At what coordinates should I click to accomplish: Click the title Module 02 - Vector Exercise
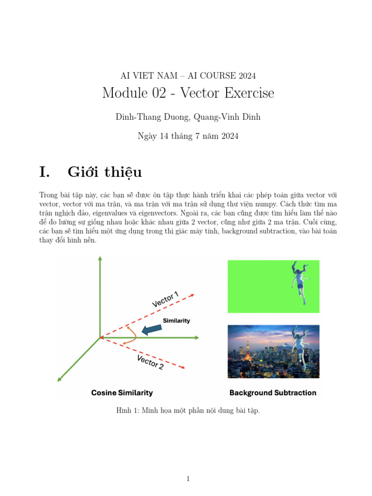(188, 93)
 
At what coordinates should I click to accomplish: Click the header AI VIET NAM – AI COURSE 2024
(188, 76)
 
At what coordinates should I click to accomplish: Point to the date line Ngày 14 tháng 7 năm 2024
(188, 136)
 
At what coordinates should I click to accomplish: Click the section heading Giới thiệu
(105, 172)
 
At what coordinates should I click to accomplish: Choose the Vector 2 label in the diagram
(150, 362)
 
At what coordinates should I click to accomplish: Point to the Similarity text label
(176, 321)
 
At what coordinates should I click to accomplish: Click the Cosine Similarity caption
(122, 393)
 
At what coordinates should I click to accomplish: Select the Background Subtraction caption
(273, 393)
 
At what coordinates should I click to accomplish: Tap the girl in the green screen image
(298, 281)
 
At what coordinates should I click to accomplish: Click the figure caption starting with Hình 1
(188, 411)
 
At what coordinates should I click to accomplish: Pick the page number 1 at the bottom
(188, 479)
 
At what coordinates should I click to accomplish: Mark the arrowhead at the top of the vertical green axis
(100, 259)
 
